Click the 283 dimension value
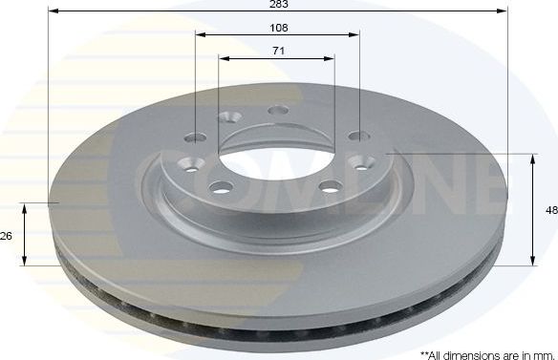pyautogui.click(x=278, y=5)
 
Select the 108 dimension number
pyautogui.click(x=278, y=28)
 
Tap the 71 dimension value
pyautogui.click(x=278, y=50)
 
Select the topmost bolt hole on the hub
pyautogui.click(x=279, y=111)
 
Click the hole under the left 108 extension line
pyautogui.click(x=197, y=136)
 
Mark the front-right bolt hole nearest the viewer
pyautogui.click(x=330, y=185)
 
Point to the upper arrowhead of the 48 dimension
pyautogui.click(x=533, y=157)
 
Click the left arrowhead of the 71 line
pyautogui.click(x=222, y=56)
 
